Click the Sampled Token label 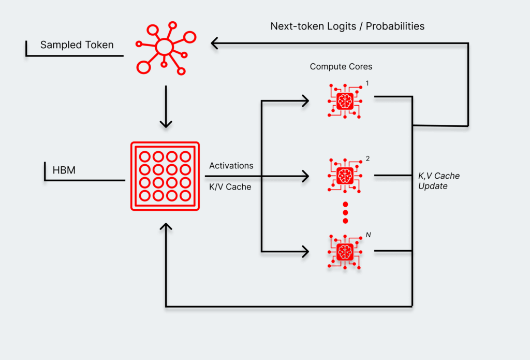pos(77,45)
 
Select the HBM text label pos(64,169)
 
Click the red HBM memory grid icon pos(165,176)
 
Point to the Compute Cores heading pos(341,67)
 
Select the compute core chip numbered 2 pos(345,176)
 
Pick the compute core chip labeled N pos(345,252)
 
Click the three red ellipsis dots pos(345,212)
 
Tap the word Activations pos(231,166)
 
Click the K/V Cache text pos(230,187)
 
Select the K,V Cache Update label pos(439,181)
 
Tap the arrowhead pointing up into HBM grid pos(166,227)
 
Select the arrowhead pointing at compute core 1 pos(305,100)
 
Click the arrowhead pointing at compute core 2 pos(305,176)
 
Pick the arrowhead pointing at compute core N pos(305,252)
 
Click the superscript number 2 pos(367,159)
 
